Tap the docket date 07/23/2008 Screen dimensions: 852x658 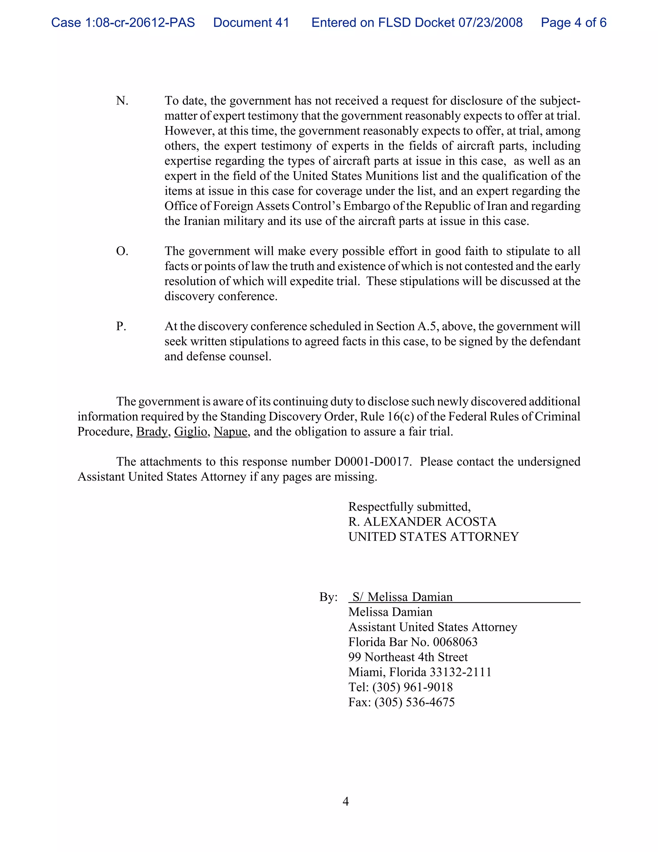tap(490, 23)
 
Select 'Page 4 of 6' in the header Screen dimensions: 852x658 tap(574, 23)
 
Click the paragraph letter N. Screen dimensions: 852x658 tap(122, 101)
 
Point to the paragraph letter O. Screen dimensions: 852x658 tap(122, 251)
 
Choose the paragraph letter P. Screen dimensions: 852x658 tap(121, 326)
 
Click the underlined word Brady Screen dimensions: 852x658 tap(152, 432)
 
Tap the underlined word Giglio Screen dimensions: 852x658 tap(191, 432)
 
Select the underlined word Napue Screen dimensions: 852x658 tap(230, 432)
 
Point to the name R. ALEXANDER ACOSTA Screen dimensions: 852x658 tap(422, 522)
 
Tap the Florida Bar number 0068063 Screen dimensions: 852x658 tap(455, 642)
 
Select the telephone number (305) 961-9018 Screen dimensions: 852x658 tap(413, 687)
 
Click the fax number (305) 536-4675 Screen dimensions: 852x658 tap(414, 702)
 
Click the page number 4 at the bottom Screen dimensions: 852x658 tap(345, 802)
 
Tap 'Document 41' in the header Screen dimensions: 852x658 tap(251, 23)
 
